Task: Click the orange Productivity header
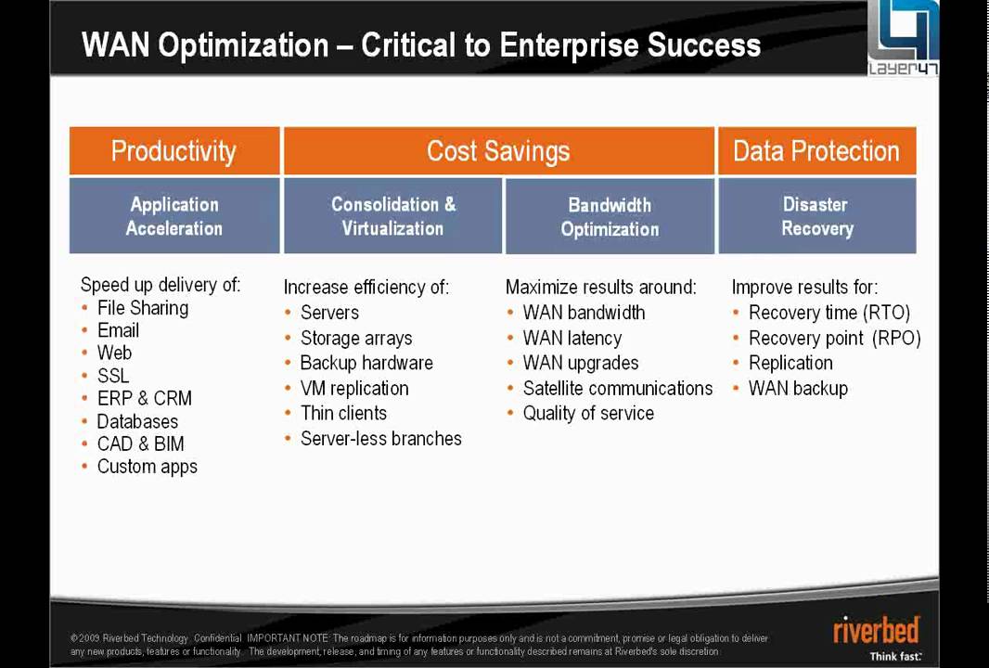173,151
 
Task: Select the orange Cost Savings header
498,151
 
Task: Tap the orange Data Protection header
816,151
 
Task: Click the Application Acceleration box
173,216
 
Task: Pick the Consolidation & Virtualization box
393,216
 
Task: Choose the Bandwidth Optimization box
610,216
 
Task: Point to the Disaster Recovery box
816,216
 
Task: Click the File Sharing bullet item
142,308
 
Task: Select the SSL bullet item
113,376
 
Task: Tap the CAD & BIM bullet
140,443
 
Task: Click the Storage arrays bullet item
355,339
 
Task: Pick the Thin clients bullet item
343,414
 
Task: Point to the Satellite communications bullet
617,389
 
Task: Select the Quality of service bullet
587,414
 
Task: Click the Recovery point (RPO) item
834,339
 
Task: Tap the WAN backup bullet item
798,389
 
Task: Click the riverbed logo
877,631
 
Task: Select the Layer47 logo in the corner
902,38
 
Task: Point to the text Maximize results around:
600,288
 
